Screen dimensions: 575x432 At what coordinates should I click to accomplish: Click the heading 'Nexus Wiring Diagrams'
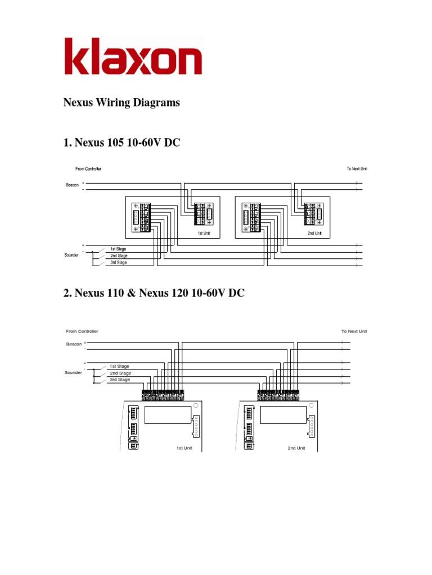pos(121,103)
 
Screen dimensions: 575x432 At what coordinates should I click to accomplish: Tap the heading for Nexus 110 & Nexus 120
pos(154,293)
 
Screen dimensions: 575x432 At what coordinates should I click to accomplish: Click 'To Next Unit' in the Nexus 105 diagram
pos(357,168)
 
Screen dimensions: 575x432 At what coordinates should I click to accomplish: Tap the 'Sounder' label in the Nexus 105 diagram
pos(71,255)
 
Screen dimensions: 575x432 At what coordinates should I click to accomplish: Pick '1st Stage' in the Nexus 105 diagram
pos(118,249)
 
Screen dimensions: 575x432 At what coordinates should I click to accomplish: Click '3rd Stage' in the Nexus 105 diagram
pos(118,262)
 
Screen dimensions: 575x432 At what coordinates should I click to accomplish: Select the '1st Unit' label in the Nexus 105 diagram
pos(203,232)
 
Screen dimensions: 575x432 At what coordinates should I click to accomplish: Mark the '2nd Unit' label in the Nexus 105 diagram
pos(314,232)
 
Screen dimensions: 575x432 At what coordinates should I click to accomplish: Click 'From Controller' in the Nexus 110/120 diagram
pos(82,331)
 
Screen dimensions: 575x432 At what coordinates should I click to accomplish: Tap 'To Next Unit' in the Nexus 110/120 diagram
pos(354,331)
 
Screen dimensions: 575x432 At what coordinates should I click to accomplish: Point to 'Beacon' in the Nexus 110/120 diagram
pos(74,343)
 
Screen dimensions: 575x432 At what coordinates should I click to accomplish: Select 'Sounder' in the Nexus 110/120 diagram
pos(73,372)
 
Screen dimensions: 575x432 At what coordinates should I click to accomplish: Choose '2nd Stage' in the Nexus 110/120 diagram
pos(120,373)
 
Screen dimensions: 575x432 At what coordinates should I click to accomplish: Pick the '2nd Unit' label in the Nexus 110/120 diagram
pos(296,448)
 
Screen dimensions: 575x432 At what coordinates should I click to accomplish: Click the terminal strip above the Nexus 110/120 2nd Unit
pos(278,395)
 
